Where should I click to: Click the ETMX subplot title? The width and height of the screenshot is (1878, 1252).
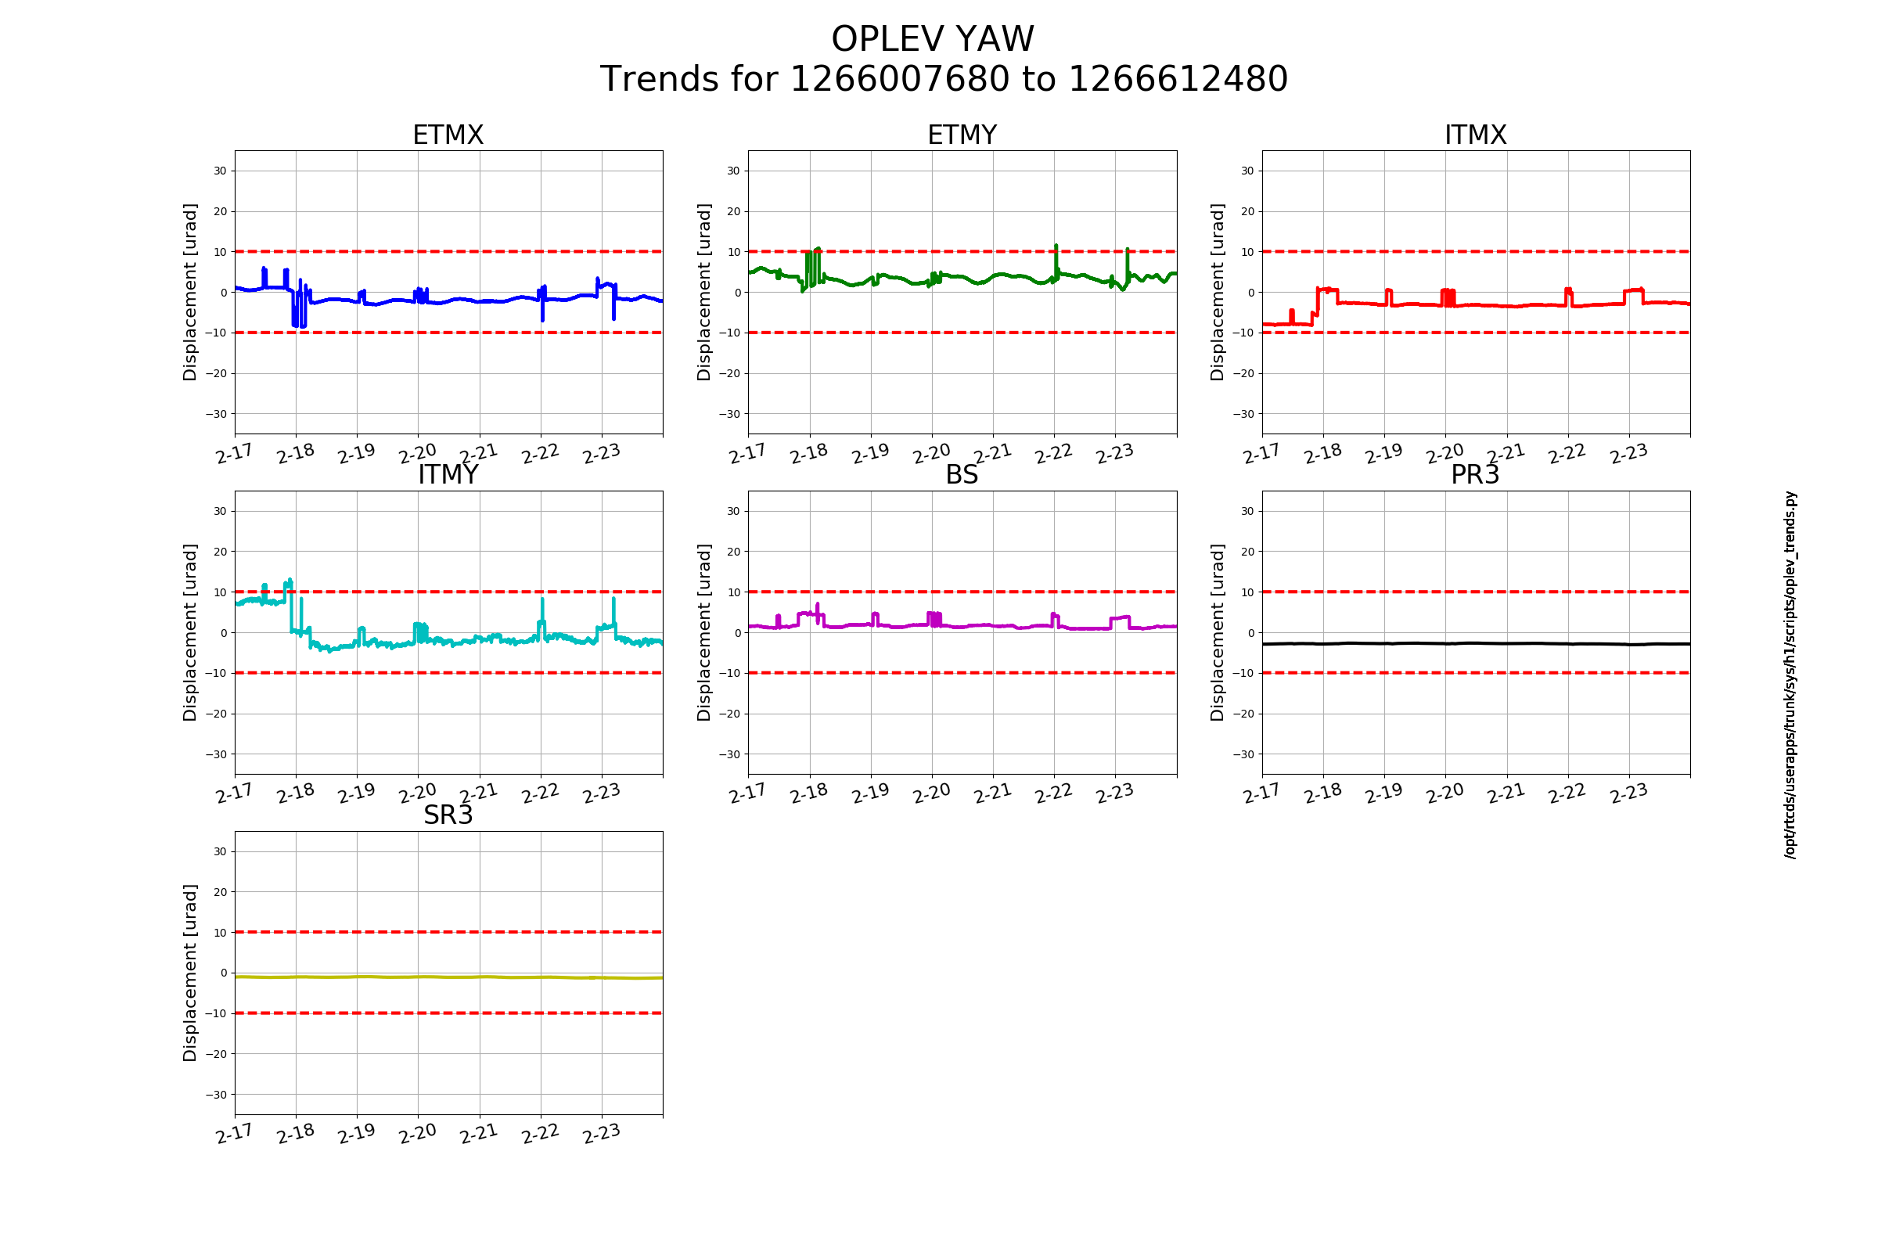tap(448, 135)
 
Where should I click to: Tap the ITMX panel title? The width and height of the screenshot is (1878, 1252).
tap(1476, 135)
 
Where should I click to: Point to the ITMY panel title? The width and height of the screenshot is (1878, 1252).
tap(448, 475)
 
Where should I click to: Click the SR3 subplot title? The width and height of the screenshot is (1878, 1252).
tap(448, 815)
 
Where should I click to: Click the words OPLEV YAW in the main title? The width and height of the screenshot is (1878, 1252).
tap(933, 39)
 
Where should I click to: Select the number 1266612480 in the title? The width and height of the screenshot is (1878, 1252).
tap(1178, 79)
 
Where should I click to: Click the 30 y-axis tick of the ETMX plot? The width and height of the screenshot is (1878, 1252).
tap(221, 171)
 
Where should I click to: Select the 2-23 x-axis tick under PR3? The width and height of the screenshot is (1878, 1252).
tap(1629, 793)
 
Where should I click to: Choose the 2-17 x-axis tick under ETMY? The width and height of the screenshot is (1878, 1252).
tap(748, 454)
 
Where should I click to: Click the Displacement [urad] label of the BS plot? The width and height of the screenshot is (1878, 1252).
tap(703, 632)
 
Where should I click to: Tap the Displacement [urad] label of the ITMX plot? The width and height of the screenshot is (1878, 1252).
tap(1217, 292)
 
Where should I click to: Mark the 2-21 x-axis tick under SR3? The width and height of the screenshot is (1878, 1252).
tap(479, 1134)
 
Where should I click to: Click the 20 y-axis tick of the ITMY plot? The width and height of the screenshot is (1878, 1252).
tap(221, 552)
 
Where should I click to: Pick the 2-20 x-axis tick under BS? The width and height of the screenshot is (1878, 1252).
tap(932, 793)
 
